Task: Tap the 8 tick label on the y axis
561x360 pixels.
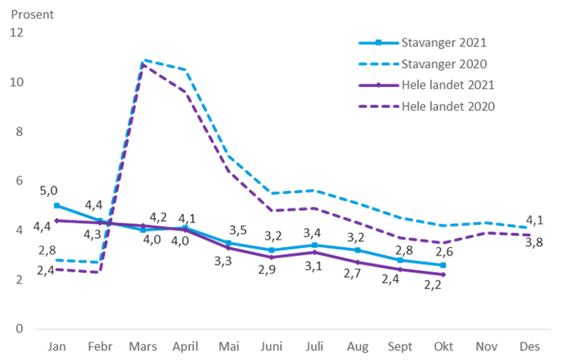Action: point(19,132)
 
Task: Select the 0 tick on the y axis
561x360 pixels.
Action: point(19,328)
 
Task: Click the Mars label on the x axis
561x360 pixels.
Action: point(143,346)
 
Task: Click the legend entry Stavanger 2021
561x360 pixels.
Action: point(442,42)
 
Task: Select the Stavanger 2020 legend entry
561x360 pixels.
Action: point(442,64)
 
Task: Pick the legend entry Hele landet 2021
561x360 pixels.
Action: point(448,86)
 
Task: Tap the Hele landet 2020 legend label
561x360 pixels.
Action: point(448,107)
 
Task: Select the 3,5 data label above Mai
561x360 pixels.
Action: point(238,229)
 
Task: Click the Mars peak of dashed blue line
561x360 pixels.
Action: point(144,60)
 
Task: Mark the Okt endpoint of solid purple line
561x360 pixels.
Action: point(445,274)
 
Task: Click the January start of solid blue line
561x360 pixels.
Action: point(55,204)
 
